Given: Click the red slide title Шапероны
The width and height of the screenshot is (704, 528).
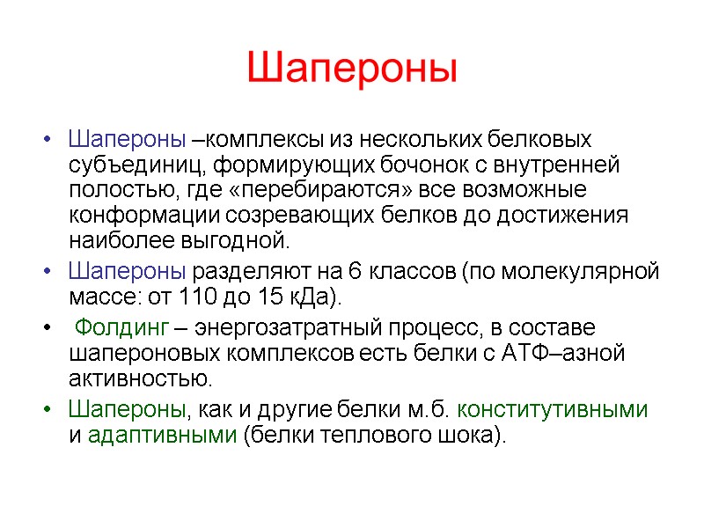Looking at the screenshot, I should (352, 69).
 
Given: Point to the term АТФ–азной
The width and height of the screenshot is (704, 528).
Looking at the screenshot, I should (575, 355).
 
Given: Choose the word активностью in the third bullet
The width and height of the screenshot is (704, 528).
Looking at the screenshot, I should (140, 379).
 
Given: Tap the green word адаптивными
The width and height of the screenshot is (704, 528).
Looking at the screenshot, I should (163, 436).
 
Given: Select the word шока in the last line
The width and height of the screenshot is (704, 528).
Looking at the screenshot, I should (470, 436).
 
